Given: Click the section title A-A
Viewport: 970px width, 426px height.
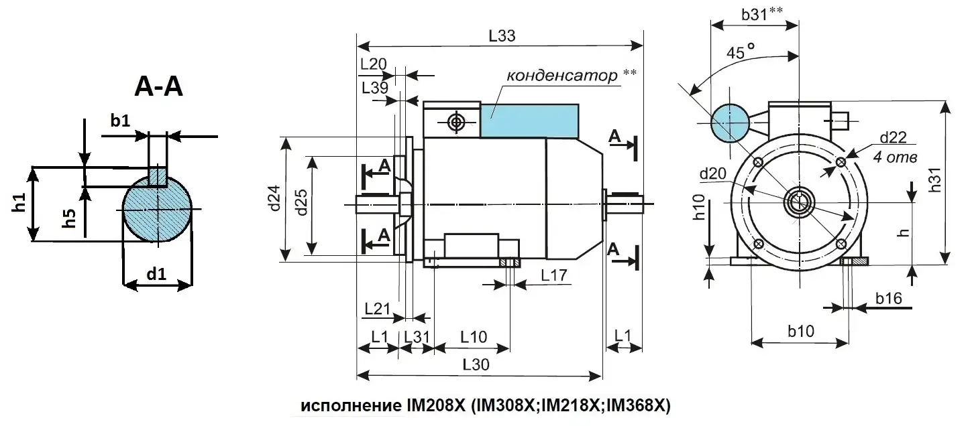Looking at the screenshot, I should [x=158, y=87].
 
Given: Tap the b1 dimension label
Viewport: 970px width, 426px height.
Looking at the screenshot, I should [x=121, y=121].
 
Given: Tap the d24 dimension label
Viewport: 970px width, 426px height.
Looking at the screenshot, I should [x=275, y=199].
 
